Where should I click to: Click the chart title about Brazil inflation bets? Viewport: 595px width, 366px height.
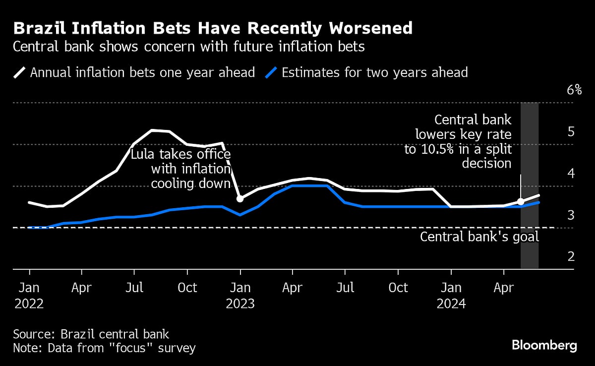click(213, 28)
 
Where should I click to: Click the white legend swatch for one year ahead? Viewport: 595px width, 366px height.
click(19, 73)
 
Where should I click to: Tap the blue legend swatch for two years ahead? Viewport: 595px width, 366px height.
click(271, 73)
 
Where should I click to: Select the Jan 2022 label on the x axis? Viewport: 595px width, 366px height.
click(29, 295)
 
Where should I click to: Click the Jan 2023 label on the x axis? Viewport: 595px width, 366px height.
click(240, 295)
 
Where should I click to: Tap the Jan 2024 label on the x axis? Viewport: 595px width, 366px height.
click(451, 295)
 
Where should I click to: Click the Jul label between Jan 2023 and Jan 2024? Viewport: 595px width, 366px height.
click(345, 288)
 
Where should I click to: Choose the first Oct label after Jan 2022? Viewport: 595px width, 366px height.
click(187, 288)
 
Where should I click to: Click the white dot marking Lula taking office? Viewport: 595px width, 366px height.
click(240, 198)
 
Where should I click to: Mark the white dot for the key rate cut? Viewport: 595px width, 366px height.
click(521, 201)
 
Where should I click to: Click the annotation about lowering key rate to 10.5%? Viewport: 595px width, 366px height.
click(458, 141)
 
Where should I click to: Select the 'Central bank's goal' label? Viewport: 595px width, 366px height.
click(479, 237)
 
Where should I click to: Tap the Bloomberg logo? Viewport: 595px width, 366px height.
click(544, 346)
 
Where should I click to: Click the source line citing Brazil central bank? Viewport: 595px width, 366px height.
click(91, 334)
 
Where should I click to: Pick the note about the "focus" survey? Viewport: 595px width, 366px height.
click(104, 348)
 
